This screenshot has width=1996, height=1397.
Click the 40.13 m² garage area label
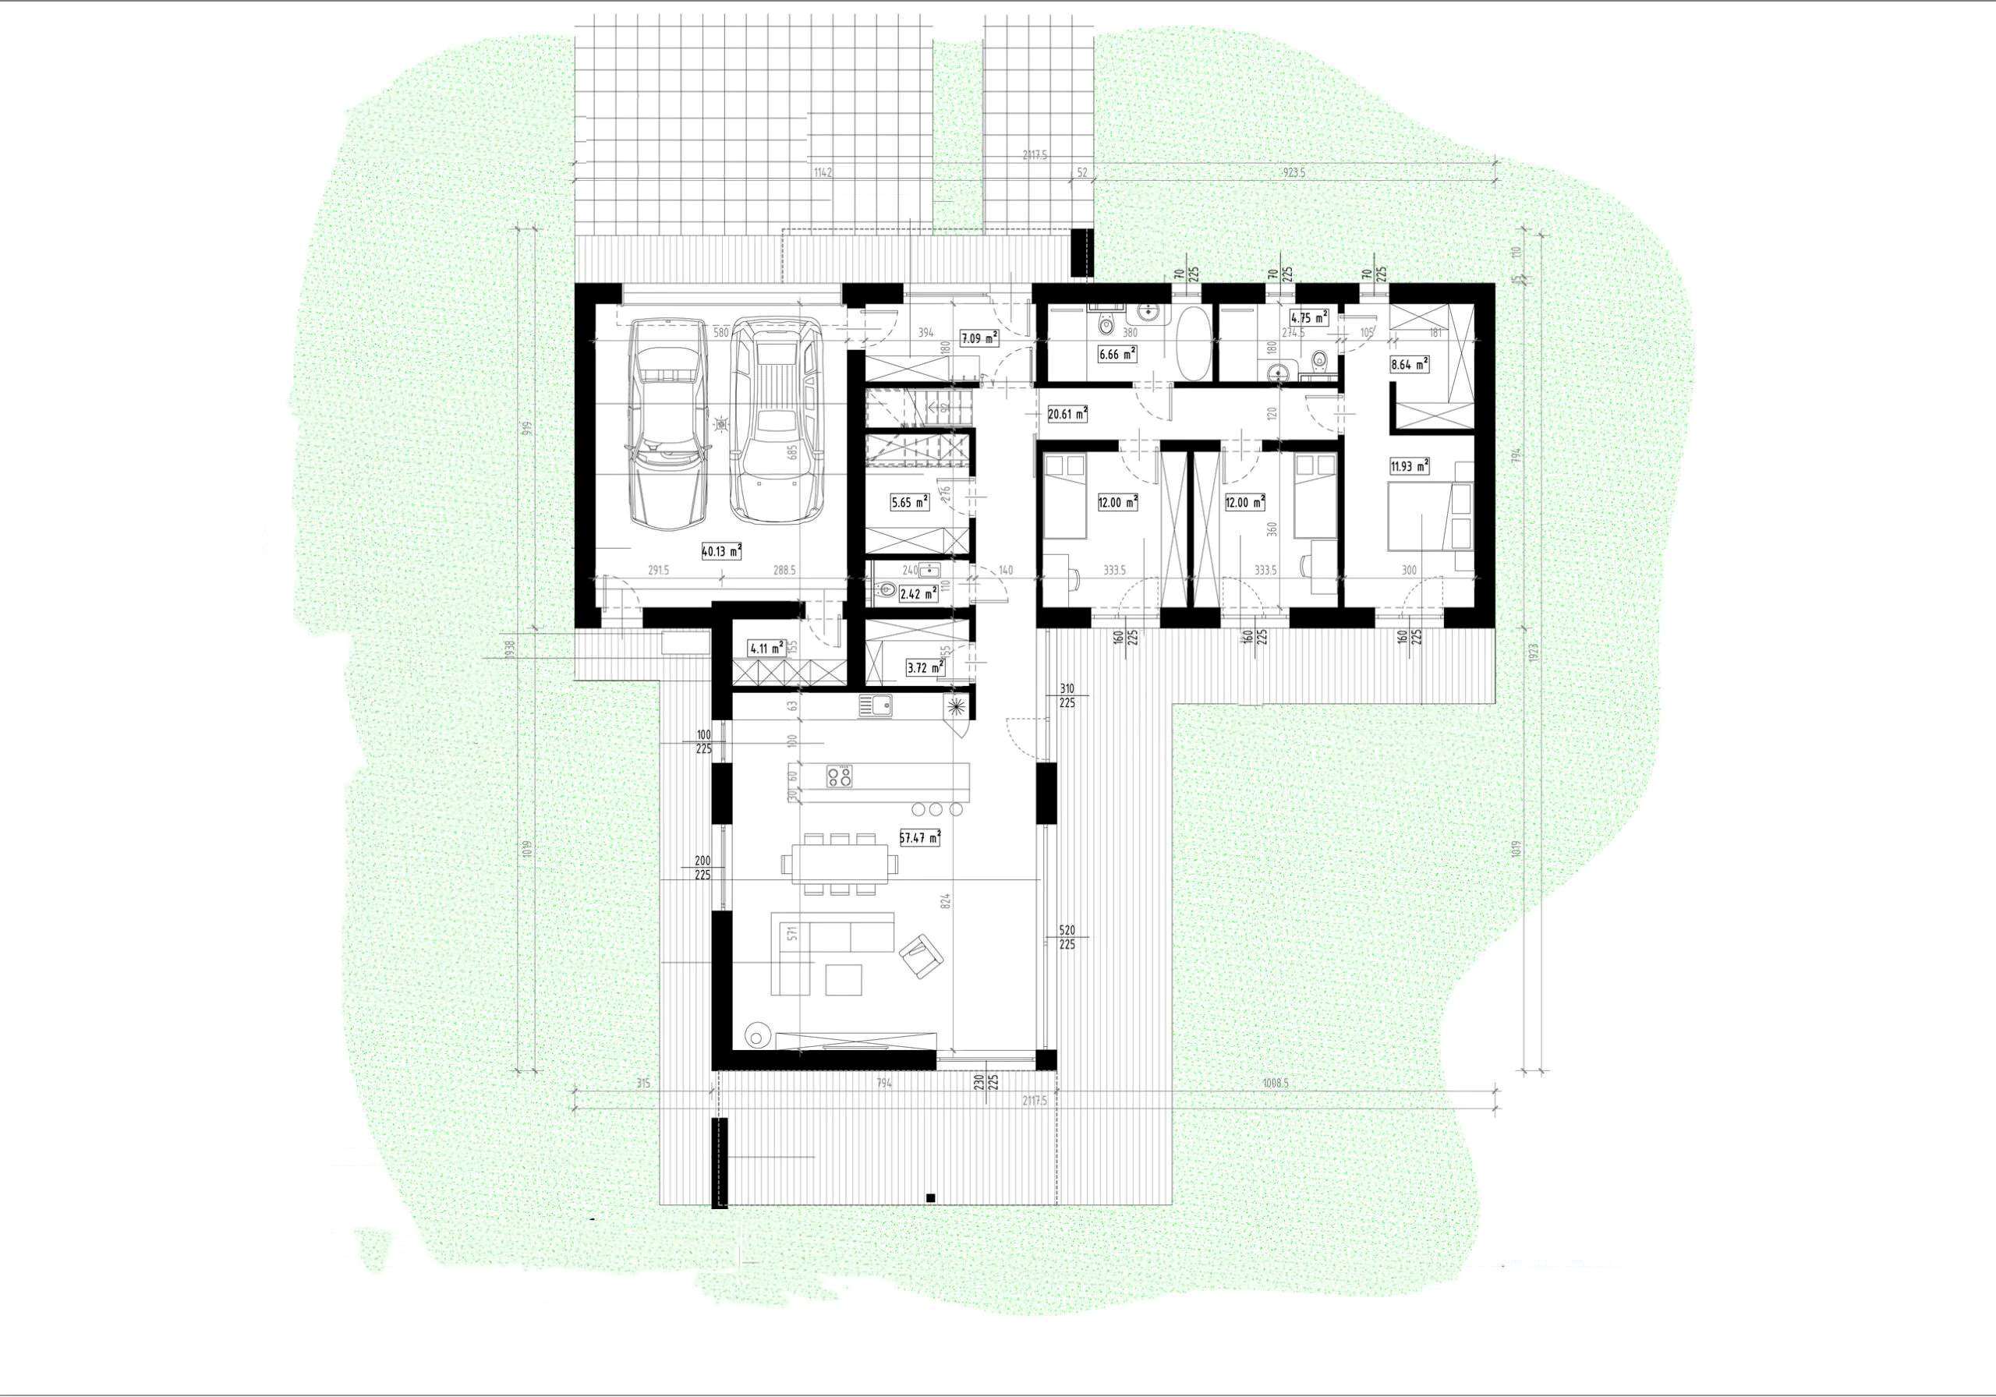pos(721,550)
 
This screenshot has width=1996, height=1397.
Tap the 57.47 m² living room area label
pos(921,838)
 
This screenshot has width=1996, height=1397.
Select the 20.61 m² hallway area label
pos(1067,415)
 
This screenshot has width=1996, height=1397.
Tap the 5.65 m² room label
pos(909,501)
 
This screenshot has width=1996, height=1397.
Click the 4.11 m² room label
pos(766,647)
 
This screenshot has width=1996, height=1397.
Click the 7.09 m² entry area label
pos(978,338)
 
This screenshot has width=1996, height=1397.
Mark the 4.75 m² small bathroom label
pos(1309,318)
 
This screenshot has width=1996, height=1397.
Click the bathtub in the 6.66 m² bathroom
pos(1192,343)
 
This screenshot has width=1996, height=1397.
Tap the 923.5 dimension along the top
pos(1294,173)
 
